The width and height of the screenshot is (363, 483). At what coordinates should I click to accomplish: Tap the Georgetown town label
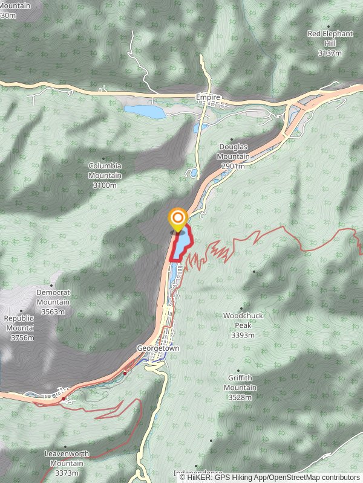(158, 348)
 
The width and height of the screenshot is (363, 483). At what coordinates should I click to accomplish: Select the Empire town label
(208, 97)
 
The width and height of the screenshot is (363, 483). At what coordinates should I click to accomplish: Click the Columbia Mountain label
(105, 170)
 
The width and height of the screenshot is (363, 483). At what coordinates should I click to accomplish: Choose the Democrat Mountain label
(53, 297)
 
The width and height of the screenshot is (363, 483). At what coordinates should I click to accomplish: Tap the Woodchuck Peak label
(241, 320)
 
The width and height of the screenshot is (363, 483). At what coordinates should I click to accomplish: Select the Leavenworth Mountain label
(67, 458)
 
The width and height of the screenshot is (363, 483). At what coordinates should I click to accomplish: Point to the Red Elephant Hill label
(330, 38)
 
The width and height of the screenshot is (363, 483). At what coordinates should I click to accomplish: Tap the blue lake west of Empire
(145, 112)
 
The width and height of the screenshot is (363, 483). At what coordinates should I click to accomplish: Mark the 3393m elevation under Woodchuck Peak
(240, 334)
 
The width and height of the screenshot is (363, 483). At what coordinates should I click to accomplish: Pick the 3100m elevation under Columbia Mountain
(105, 185)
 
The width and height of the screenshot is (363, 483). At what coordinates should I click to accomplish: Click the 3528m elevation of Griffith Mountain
(240, 397)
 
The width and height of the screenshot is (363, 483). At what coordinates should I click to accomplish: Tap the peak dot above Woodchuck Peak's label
(241, 309)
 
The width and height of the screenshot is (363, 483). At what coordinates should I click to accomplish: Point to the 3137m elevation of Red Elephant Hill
(330, 53)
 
